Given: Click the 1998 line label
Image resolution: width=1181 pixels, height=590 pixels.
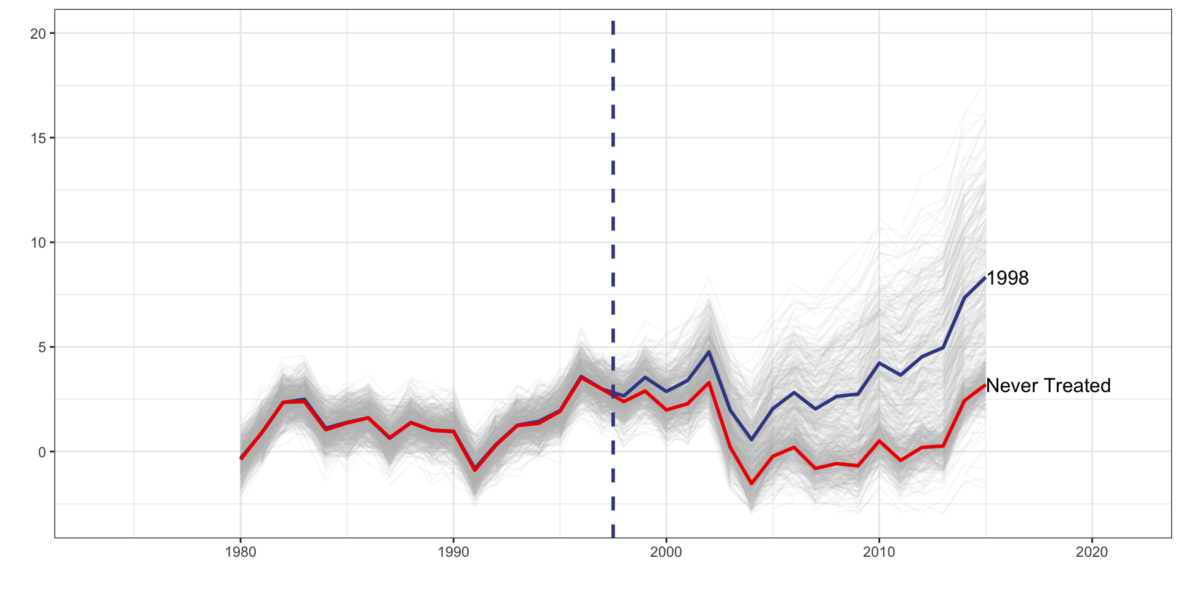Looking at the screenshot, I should pos(1008,278).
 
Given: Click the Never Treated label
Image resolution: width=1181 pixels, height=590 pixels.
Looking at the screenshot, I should pos(1048,386).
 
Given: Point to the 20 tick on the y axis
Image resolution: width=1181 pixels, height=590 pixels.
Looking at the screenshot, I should pos(38,34).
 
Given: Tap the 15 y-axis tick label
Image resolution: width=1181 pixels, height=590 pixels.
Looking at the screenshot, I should pos(38,138).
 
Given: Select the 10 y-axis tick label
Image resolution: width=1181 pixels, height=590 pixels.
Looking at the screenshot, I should pos(38,243).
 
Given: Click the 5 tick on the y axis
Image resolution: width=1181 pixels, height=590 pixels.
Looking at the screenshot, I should pos(42,347).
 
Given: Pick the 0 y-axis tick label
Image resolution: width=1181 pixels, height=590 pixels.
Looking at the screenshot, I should pos(42,452).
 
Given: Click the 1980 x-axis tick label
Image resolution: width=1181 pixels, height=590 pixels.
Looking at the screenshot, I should pos(241,552).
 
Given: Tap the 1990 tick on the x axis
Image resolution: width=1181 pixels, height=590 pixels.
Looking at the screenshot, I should pos(453,552).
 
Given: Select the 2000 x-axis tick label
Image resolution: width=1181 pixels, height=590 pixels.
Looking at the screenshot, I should pos(666,552).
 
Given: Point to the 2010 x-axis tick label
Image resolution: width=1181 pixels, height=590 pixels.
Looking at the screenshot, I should pos(879,552).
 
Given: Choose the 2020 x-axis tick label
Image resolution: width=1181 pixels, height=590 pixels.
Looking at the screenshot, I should pos(1092,552).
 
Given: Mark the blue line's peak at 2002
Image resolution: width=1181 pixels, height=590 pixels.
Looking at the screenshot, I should pos(709,352).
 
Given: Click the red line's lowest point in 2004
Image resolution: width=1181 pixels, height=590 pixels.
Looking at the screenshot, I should pos(751,484).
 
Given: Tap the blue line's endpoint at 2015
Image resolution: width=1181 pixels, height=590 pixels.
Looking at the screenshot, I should pos(985,278).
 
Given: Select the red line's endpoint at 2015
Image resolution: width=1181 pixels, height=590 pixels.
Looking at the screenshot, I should pos(985,386).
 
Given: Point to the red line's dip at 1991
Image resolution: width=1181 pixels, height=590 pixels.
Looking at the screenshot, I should pos(475,470).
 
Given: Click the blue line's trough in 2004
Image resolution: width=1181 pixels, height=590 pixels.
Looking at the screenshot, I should pos(751,439).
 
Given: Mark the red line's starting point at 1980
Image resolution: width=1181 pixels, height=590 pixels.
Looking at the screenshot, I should pos(241,458).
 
